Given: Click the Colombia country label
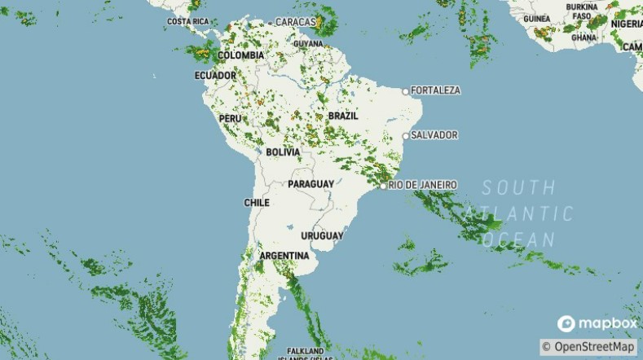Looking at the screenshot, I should click(x=240, y=55).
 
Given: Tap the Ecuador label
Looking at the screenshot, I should click(x=214, y=76).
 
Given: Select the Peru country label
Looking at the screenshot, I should click(x=231, y=118).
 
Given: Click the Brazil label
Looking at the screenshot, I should click(x=343, y=116).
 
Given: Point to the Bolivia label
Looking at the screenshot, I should click(x=283, y=152).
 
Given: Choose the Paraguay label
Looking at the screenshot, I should click(x=310, y=184).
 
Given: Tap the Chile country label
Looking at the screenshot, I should click(x=257, y=202).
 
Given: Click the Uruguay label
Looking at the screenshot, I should click(x=322, y=235).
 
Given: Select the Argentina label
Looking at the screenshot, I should click(x=284, y=256).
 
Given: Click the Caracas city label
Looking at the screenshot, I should click(x=296, y=22).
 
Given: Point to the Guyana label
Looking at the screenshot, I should click(x=308, y=43).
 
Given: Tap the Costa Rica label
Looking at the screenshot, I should click(x=188, y=21).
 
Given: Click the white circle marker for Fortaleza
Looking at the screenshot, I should click(x=406, y=90).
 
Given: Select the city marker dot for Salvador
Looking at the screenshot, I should click(x=406, y=135).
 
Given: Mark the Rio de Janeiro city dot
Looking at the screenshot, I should click(x=383, y=186).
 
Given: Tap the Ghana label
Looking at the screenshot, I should click(x=584, y=37).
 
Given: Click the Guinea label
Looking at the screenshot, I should click(x=536, y=19).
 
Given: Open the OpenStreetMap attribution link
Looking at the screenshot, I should click(x=593, y=347).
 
